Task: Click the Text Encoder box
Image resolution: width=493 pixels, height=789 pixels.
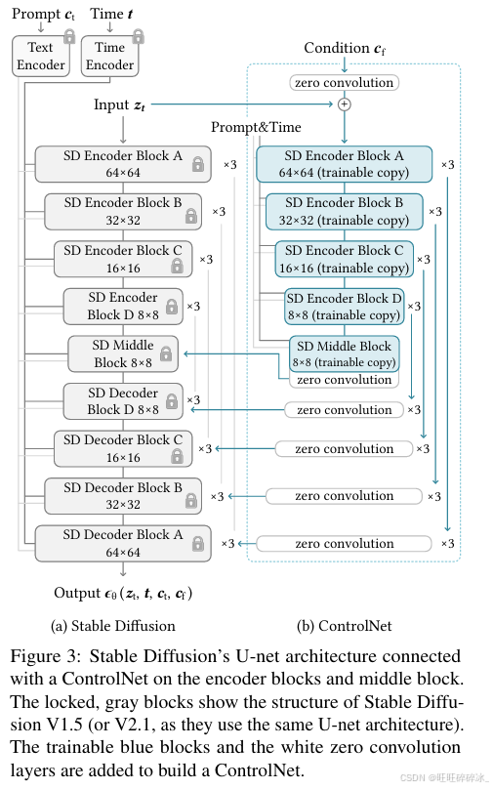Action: (x=41, y=56)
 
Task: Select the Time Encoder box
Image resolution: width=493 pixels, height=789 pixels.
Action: (x=109, y=56)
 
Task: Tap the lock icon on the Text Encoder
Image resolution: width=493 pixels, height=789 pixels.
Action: (x=69, y=36)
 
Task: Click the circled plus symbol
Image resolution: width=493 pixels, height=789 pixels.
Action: (x=344, y=104)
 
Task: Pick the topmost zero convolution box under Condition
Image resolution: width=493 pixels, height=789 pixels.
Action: (x=344, y=83)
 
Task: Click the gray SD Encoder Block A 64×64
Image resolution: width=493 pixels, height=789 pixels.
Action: (x=123, y=164)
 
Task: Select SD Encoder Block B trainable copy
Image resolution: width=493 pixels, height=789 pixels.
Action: (x=344, y=211)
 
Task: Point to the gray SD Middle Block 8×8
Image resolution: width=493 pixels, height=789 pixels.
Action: (x=123, y=353)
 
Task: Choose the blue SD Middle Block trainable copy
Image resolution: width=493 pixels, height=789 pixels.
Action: (x=344, y=353)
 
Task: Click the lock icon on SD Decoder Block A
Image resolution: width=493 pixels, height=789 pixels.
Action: (x=198, y=543)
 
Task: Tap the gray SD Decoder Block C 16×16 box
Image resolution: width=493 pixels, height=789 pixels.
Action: (x=123, y=448)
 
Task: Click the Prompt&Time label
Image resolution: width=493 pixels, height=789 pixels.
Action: (x=256, y=127)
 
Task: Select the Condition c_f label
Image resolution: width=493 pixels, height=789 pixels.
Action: (x=345, y=48)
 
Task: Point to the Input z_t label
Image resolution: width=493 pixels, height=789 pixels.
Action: (x=119, y=104)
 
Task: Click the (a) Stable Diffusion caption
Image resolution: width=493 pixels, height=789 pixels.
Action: (x=113, y=626)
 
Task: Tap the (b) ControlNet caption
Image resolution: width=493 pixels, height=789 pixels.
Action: (x=344, y=626)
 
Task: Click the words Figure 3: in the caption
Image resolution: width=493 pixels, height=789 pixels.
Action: (x=45, y=656)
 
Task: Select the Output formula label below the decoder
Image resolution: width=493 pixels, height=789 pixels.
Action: (x=123, y=594)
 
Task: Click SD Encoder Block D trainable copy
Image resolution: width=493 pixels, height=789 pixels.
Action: (x=344, y=307)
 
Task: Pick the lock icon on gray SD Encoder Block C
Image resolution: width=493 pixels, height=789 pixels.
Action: (x=177, y=265)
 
